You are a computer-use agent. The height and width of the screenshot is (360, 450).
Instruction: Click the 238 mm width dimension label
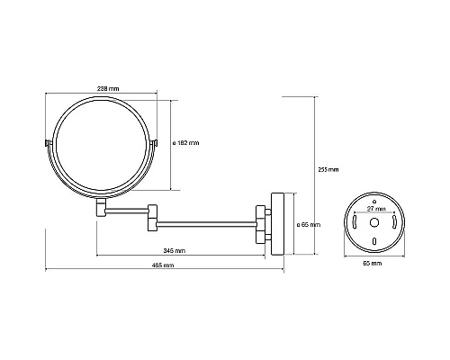click(x=108, y=88)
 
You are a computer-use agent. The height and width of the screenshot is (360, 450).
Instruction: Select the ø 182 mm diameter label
click(x=186, y=143)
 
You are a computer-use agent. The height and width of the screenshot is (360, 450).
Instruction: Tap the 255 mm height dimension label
click(x=328, y=169)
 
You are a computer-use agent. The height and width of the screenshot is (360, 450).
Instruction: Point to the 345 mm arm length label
click(x=175, y=250)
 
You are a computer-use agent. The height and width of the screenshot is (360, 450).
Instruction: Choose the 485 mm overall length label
click(x=163, y=265)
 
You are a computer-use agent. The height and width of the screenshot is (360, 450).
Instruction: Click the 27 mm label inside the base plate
click(x=376, y=209)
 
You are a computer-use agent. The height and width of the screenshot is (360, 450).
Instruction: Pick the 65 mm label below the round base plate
click(x=373, y=263)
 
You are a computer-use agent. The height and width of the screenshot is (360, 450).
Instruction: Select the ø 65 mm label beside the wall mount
click(x=309, y=224)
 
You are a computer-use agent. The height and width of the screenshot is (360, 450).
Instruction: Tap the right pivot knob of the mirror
click(x=154, y=143)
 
